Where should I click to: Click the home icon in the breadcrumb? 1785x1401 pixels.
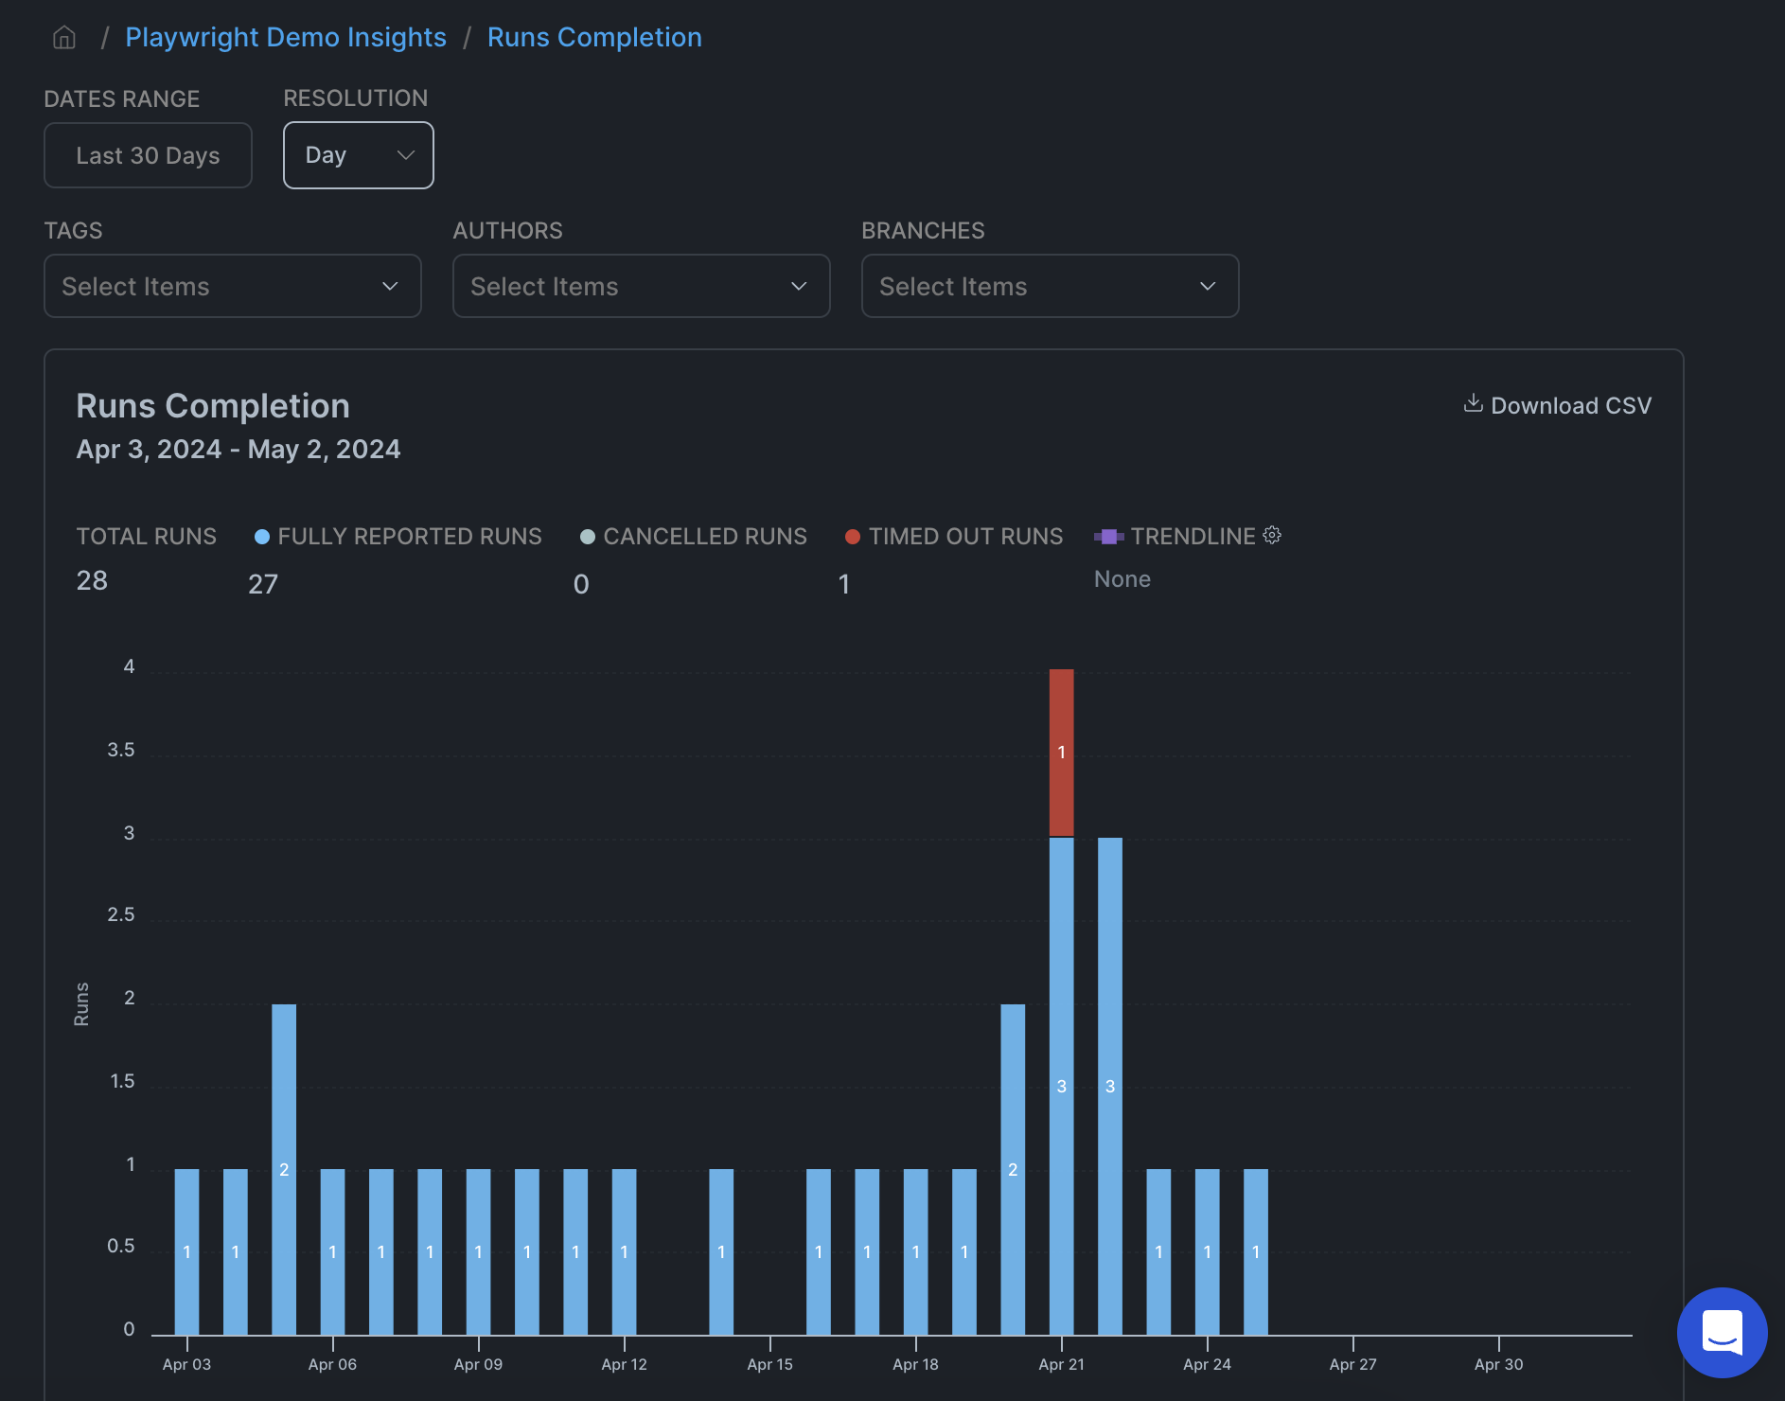pyautogui.click(x=64, y=38)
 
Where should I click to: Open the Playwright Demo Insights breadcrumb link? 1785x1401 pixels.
pyautogui.click(x=285, y=38)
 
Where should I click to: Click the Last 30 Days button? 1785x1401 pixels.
pyautogui.click(x=148, y=155)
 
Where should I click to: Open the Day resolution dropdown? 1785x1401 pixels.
pyautogui.click(x=358, y=155)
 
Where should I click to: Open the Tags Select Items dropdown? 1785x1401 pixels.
pyautogui.click(x=232, y=286)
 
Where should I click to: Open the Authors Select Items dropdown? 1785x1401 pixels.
pyautogui.click(x=641, y=286)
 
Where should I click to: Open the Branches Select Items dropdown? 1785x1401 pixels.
pyautogui.click(x=1050, y=286)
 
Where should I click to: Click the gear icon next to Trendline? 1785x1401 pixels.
pyautogui.click(x=1272, y=536)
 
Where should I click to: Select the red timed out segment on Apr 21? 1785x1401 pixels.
pyautogui.click(x=1061, y=753)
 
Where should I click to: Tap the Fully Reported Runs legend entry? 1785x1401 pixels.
pyautogui.click(x=398, y=537)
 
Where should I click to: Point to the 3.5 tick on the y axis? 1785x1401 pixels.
pyautogui.click(x=121, y=751)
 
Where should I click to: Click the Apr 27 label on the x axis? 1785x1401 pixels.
pyautogui.click(x=1352, y=1364)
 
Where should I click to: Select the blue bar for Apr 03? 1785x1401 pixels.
pyautogui.click(x=186, y=1251)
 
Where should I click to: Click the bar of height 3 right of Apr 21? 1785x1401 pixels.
pyautogui.click(x=1110, y=1086)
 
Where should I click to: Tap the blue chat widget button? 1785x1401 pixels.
pyautogui.click(x=1722, y=1332)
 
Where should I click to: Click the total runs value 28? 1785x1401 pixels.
pyautogui.click(x=92, y=580)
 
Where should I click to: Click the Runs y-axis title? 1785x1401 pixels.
pyautogui.click(x=81, y=1004)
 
